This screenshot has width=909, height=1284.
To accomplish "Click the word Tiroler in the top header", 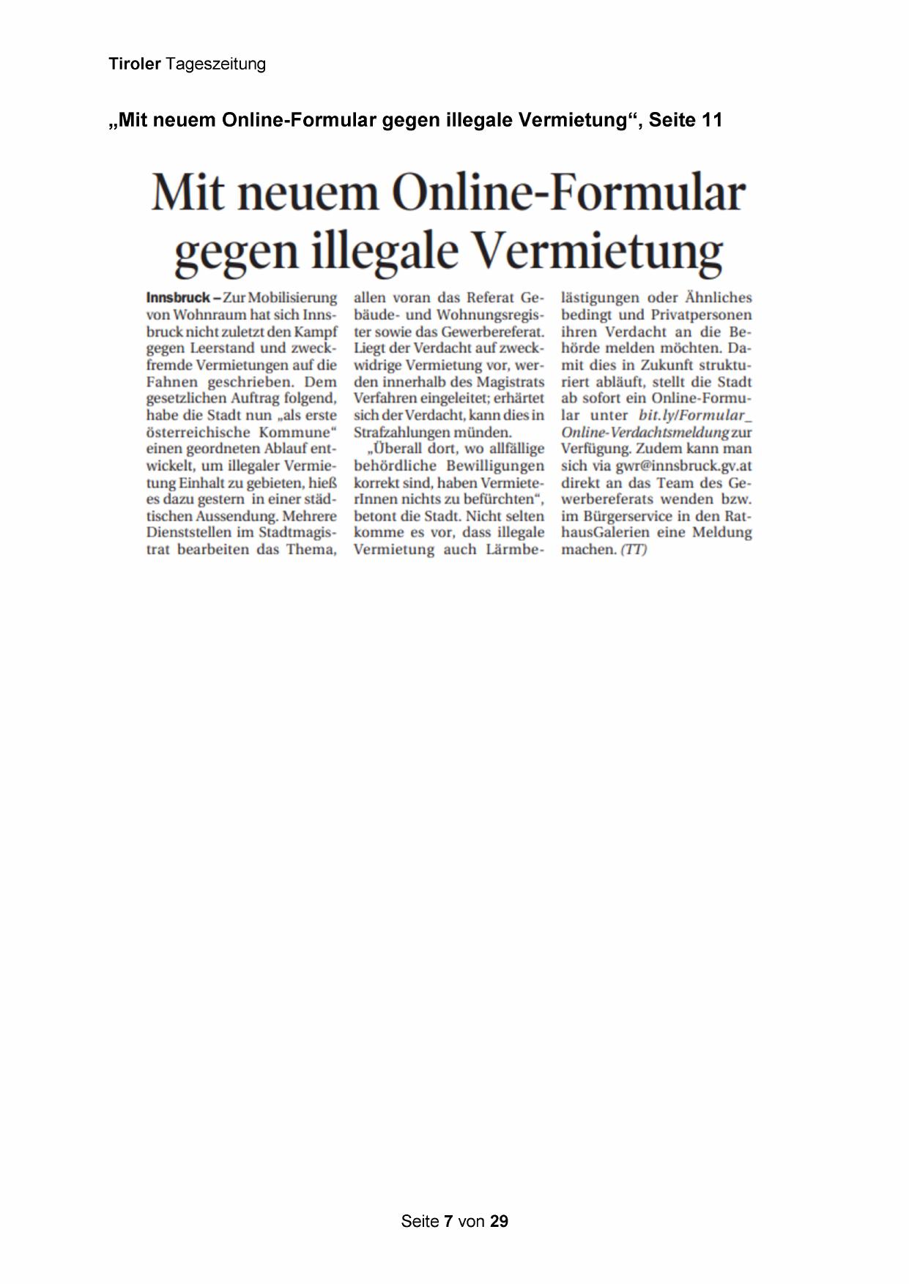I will click(x=134, y=64).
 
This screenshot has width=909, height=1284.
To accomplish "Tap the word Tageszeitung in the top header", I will click(x=215, y=64).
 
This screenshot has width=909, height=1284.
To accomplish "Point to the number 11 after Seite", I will click(x=711, y=120).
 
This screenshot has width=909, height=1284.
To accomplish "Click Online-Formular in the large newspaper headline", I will click(x=568, y=194).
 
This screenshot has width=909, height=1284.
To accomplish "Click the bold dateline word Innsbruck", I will click(x=178, y=298).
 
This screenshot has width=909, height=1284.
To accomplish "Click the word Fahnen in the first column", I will click(x=172, y=382).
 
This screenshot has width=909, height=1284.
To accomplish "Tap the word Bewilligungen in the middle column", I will click(x=495, y=466).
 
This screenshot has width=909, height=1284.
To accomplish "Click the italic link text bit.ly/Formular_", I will click(x=695, y=416).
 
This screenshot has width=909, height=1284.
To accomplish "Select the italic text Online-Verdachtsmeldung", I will click(x=645, y=433).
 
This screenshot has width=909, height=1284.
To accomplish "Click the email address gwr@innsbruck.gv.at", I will click(x=683, y=466).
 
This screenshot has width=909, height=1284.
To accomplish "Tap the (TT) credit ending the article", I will click(x=634, y=550).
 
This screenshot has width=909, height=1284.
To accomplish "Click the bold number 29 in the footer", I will click(x=499, y=1221).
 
